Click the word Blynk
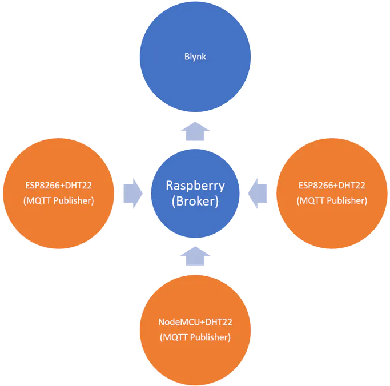tap(195, 57)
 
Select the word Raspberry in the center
tap(195, 186)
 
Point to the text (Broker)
tap(195, 201)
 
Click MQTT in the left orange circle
tap(39, 200)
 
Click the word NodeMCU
tap(177, 322)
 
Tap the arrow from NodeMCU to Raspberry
tap(195, 256)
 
